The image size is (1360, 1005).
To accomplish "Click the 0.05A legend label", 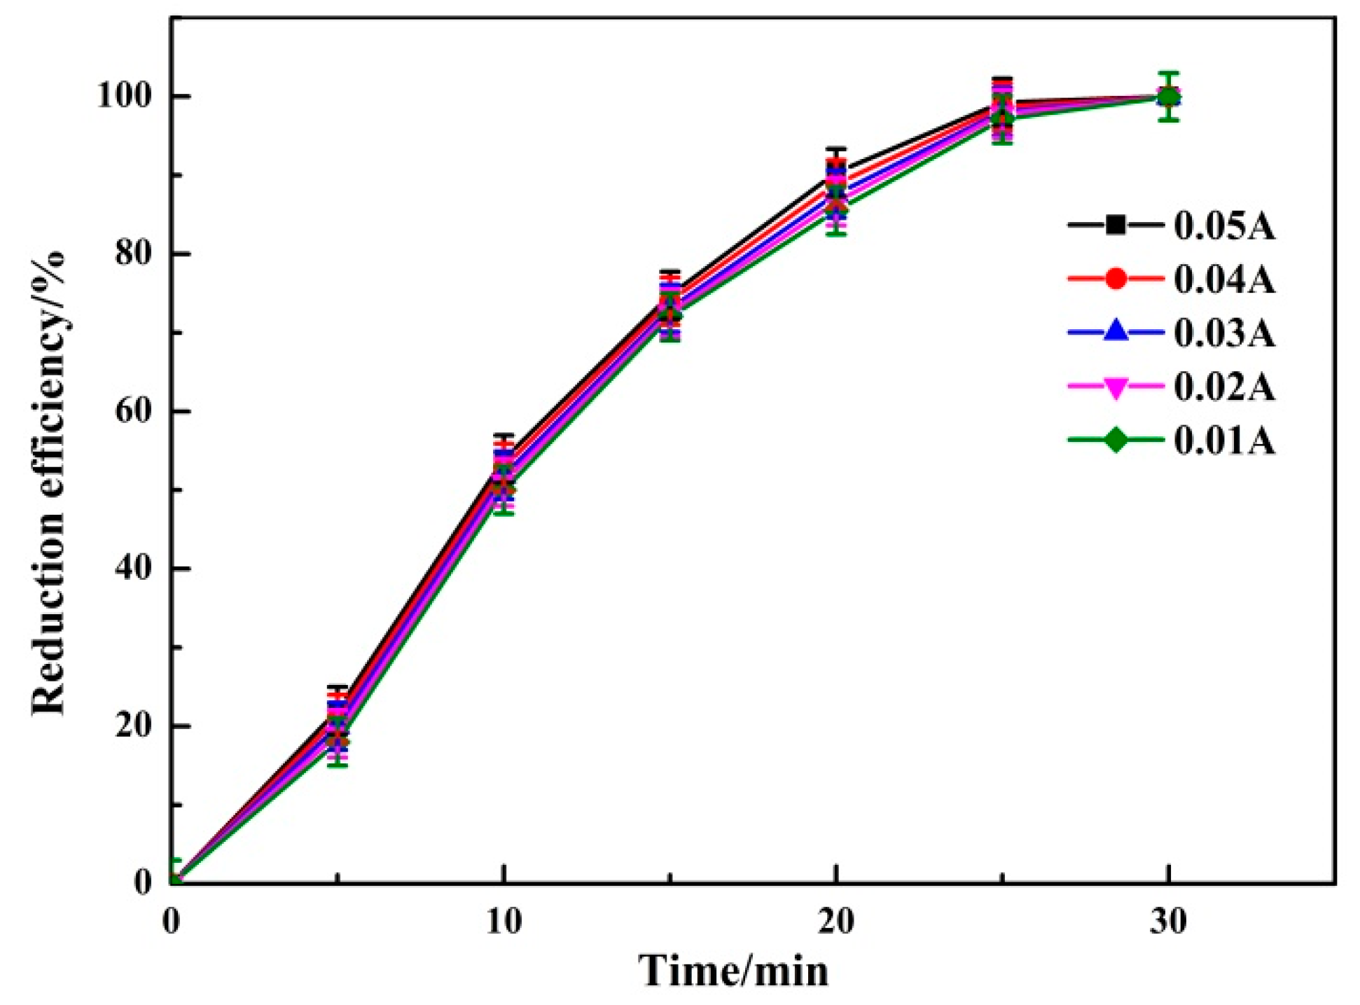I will [1223, 226].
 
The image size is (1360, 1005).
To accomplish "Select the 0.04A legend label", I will [1223, 279].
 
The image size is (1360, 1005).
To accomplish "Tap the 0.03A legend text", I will [1223, 333].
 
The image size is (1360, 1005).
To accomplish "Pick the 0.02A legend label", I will [1223, 387].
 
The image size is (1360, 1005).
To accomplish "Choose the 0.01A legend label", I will [1223, 441].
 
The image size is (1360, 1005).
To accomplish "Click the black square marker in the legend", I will [1116, 226].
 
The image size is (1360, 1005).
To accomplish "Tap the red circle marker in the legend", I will [1116, 279].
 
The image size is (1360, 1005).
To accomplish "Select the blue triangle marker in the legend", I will [1116, 331].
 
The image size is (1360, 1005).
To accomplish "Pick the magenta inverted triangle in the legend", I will [1116, 387].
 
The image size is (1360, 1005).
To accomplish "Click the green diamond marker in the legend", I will [1116, 441].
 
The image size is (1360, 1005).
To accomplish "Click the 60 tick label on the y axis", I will [133, 411].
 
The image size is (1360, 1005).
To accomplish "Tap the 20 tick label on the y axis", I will [133, 726].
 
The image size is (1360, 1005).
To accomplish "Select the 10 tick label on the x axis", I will [504, 922].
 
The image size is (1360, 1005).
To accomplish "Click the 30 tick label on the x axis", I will [1167, 922].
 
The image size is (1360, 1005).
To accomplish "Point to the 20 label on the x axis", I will [835, 922].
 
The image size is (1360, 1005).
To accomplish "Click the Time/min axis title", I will [733, 971].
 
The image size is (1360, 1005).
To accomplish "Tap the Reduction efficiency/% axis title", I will [49, 483].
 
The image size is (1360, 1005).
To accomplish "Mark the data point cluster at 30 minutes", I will [1167, 97].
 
